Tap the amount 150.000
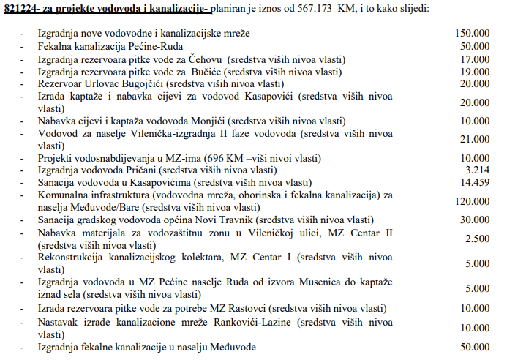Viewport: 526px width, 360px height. coord(472,34)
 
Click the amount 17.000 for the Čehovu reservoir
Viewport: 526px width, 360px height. coord(475,59)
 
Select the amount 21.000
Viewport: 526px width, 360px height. coord(475,139)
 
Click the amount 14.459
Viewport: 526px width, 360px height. coord(475,181)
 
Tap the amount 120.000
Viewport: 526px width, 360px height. coord(472,200)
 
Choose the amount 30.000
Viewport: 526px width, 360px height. coord(475,220)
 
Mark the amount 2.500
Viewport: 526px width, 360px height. coord(478,239)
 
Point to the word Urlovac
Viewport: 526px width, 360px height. coord(107,83)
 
